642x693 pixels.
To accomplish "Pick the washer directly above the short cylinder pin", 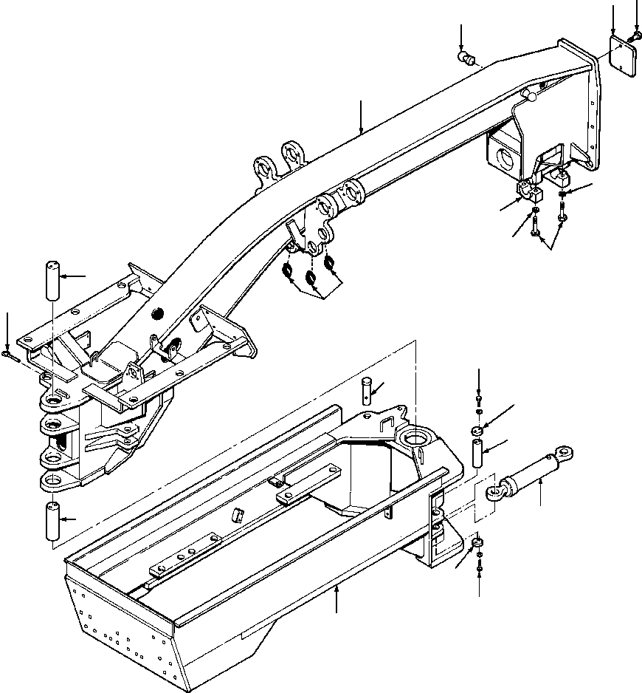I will pos(477,430).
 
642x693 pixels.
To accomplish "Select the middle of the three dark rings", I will pos(310,279).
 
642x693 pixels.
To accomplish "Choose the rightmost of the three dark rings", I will pos(330,262).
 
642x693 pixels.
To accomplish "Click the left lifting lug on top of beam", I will pos(263,168).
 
